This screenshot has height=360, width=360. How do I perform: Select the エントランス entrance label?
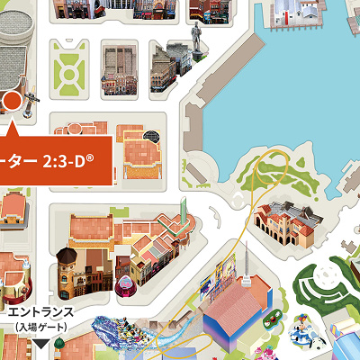coord(40,311)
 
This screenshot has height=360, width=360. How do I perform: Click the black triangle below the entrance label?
coord(40,342)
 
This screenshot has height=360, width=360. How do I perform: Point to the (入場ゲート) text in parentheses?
coord(40,326)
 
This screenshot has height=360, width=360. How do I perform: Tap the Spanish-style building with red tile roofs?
coord(286,220)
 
